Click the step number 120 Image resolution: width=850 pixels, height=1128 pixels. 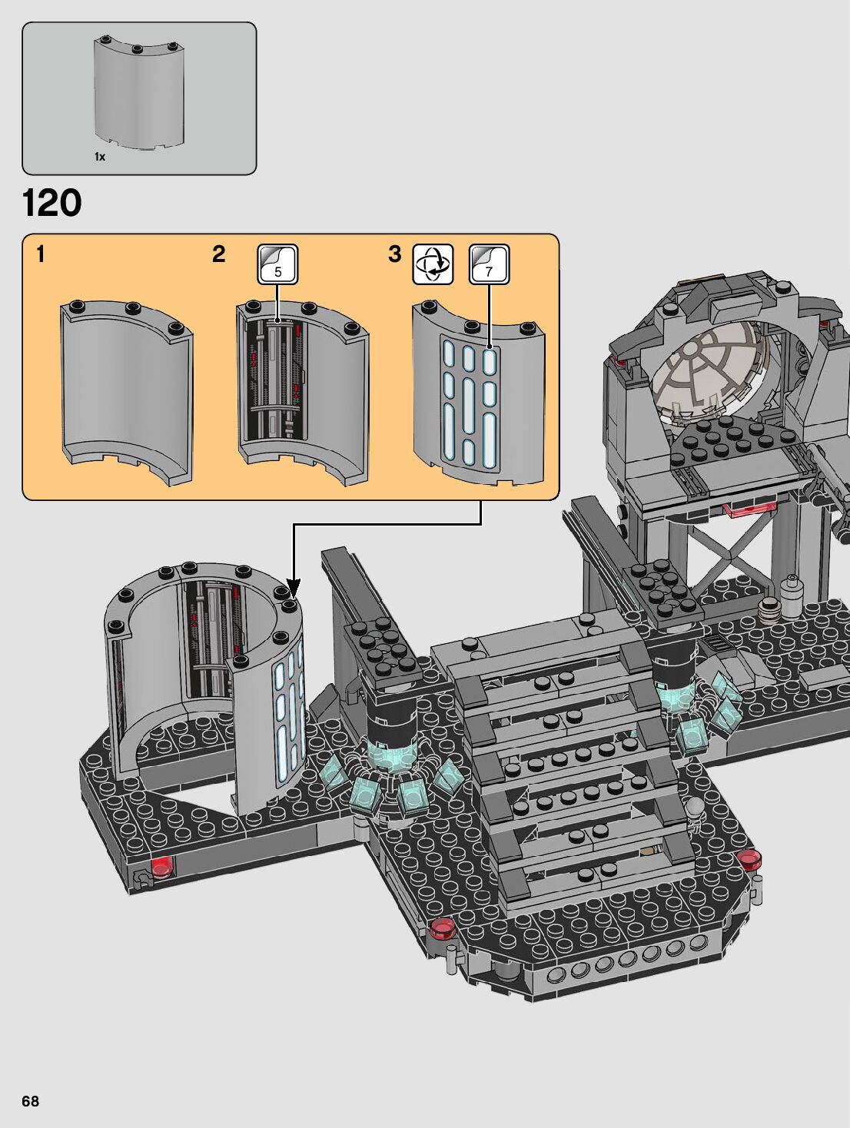pyautogui.click(x=52, y=204)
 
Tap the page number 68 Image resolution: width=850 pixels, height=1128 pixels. pyautogui.click(x=30, y=1101)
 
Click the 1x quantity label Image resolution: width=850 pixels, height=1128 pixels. pyautogui.click(x=100, y=157)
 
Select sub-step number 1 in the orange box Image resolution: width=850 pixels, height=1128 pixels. pyautogui.click(x=41, y=254)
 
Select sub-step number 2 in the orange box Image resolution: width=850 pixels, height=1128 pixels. pyautogui.click(x=218, y=254)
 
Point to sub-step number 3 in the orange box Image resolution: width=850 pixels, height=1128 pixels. pyautogui.click(x=395, y=254)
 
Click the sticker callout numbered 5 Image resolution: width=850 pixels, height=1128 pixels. pyautogui.click(x=277, y=264)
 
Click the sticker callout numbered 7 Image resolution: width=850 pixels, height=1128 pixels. pyautogui.click(x=490, y=264)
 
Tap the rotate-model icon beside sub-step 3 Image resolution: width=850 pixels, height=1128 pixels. pyautogui.click(x=433, y=264)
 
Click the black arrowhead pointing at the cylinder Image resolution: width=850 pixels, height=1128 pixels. pyautogui.click(x=294, y=588)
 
